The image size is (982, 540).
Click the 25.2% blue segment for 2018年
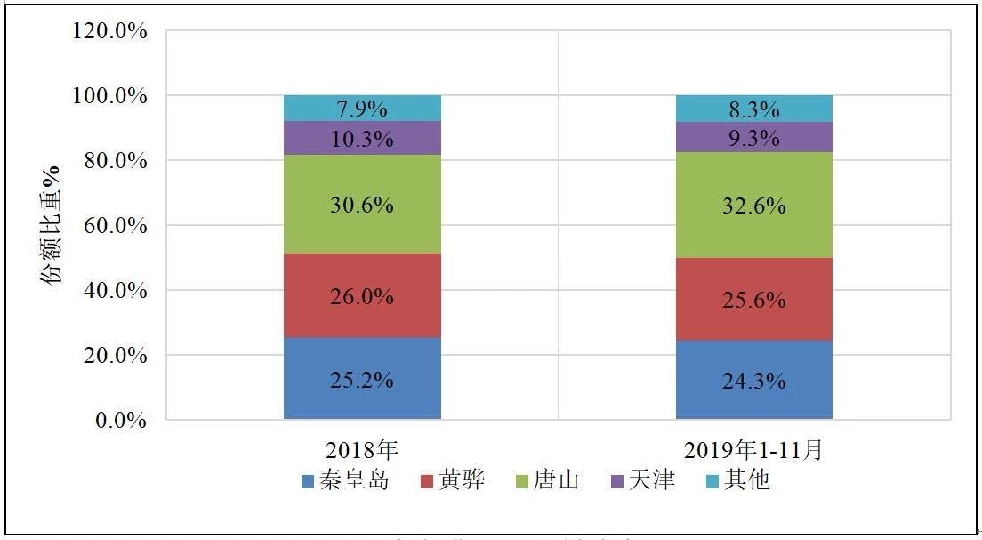pyautogui.click(x=362, y=379)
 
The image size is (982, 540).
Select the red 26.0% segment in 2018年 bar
pyautogui.click(x=362, y=296)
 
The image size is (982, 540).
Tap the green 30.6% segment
pyautogui.click(x=362, y=205)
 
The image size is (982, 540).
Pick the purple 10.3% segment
pyautogui.click(x=362, y=139)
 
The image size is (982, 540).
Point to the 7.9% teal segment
pyautogui.click(x=362, y=109)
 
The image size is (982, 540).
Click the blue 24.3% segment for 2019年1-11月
pyautogui.click(x=753, y=381)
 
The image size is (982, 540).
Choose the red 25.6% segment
pyautogui.click(x=753, y=300)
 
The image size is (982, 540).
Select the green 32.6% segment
pyautogui.click(x=753, y=206)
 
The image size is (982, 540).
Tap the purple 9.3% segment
pyautogui.click(x=753, y=138)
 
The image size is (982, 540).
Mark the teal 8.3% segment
pyautogui.click(x=753, y=109)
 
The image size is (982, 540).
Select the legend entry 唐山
pyautogui.click(x=546, y=481)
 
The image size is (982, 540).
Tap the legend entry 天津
pyautogui.click(x=641, y=481)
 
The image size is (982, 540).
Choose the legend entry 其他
pyautogui.click(x=736, y=481)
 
